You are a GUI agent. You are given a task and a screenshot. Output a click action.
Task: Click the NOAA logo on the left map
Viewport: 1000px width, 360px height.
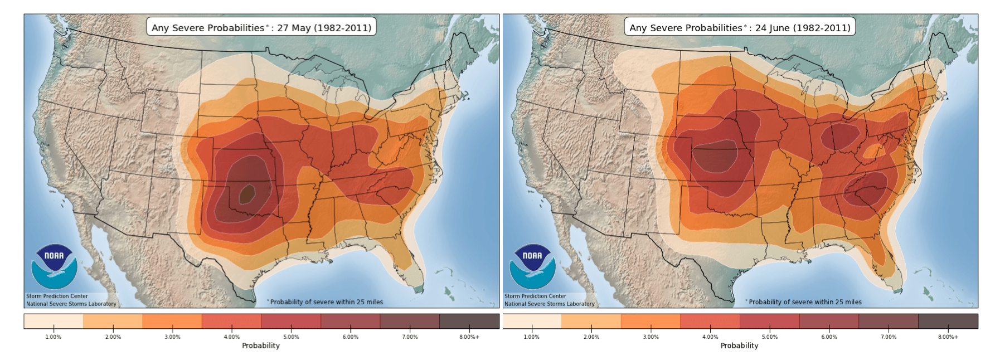click(54, 266)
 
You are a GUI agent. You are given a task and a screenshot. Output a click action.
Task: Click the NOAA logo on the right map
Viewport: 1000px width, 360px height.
click(532, 266)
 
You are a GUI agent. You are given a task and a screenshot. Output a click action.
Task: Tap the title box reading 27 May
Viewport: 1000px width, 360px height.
click(261, 27)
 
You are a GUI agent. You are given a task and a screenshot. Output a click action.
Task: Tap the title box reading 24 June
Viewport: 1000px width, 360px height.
click(740, 27)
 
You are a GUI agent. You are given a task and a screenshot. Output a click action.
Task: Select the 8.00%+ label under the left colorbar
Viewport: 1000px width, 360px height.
click(469, 337)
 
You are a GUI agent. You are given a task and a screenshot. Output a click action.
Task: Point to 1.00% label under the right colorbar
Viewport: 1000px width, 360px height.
click(532, 337)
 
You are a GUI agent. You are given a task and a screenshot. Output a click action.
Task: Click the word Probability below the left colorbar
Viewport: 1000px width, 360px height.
click(261, 346)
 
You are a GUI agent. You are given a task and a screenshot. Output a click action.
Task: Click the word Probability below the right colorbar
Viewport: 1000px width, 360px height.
click(739, 346)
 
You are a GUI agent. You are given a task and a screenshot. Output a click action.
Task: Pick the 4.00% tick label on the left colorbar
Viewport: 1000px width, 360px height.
click(232, 337)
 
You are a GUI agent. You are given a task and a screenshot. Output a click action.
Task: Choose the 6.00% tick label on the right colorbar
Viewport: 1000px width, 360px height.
click(829, 337)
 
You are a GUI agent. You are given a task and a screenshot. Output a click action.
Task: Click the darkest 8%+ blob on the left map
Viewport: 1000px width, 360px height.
click(247, 194)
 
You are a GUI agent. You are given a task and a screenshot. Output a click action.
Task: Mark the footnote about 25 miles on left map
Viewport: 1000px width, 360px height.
click(325, 302)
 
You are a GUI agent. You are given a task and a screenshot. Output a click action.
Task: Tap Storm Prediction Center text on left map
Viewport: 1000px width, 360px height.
click(57, 296)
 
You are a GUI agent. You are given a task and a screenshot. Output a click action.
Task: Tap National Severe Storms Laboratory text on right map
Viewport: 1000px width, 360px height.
click(550, 304)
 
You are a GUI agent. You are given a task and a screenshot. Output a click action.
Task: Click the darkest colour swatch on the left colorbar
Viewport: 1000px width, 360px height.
click(469, 321)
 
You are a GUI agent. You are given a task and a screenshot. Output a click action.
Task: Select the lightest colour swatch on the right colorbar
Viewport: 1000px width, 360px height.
click(532, 321)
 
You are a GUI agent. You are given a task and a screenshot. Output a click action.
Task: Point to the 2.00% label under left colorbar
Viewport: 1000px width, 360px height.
click(113, 337)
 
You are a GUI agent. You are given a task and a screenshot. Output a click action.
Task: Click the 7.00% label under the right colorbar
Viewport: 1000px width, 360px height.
click(889, 337)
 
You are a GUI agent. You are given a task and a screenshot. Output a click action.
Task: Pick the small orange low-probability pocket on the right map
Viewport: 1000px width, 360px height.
click(873, 150)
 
